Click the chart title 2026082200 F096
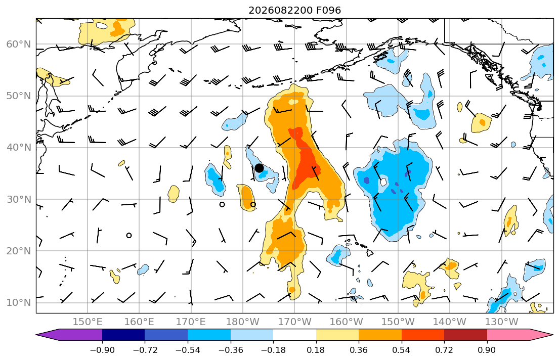(294, 10)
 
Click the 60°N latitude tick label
(19, 44)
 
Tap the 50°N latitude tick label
(19, 96)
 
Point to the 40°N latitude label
(19, 148)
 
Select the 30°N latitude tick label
(19, 199)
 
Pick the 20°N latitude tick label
(19, 251)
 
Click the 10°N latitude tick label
(19, 303)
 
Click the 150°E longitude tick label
(88, 322)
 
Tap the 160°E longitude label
(140, 322)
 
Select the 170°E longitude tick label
(191, 322)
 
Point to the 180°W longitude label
(243, 322)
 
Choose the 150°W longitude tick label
(398, 322)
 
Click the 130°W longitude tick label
(501, 322)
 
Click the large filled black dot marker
(259, 168)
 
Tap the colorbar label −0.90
(102, 350)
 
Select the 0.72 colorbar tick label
(444, 350)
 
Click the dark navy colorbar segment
(123, 335)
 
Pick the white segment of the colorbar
(294, 335)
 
